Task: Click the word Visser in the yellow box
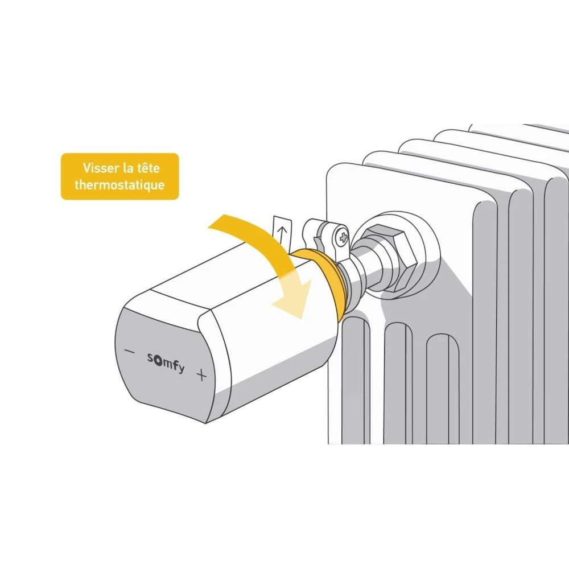click(x=101, y=168)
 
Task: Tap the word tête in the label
click(x=148, y=168)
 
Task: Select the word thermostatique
click(x=119, y=185)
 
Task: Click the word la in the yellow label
click(x=127, y=168)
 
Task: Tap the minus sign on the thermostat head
click(x=130, y=351)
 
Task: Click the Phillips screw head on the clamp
click(x=342, y=238)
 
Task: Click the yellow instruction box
click(x=119, y=176)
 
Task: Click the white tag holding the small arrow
click(x=282, y=234)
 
